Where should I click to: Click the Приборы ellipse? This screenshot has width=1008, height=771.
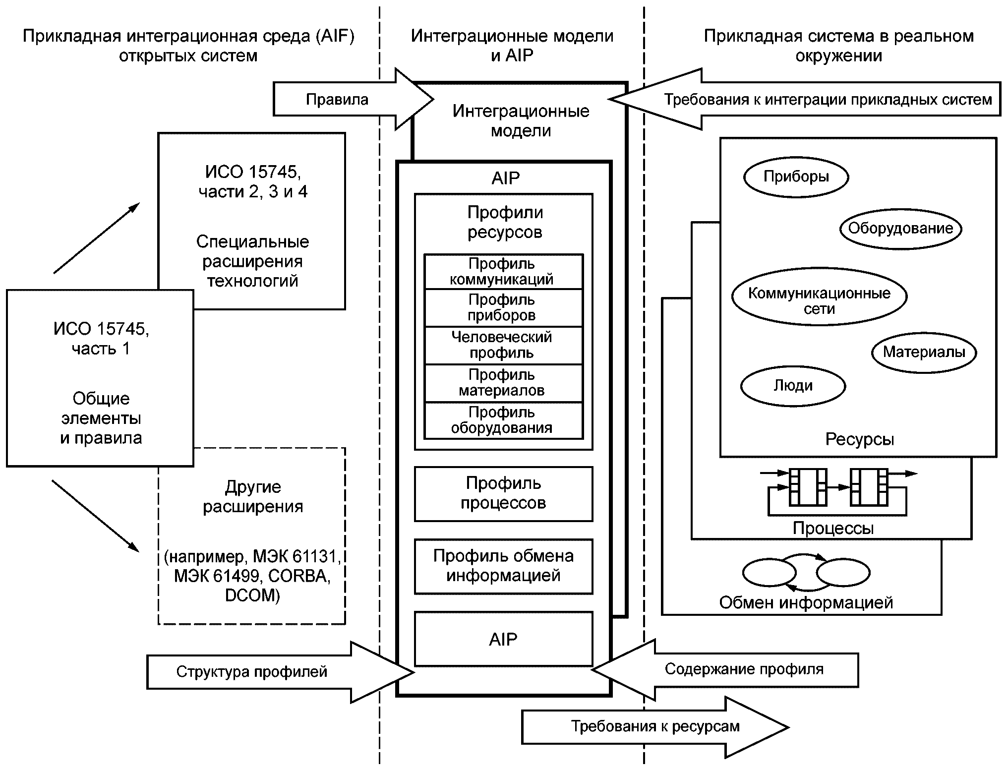pos(796,177)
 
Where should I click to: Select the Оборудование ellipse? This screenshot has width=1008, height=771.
pos(900,228)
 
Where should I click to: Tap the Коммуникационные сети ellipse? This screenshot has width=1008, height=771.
pos(819,296)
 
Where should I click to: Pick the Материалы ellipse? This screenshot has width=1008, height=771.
pos(924,352)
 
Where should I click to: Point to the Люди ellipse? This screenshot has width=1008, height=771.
pos(793,386)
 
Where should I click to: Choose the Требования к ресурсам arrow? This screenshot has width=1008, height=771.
pos(654,727)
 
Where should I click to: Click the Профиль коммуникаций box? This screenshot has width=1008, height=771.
pos(503,272)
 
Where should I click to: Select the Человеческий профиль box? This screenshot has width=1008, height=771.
pos(503,346)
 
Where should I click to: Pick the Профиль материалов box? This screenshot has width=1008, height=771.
pos(503,383)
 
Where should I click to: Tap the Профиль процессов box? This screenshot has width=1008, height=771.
pos(503,493)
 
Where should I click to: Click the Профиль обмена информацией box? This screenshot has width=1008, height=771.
pos(503,566)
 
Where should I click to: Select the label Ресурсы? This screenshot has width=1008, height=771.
pos(860,439)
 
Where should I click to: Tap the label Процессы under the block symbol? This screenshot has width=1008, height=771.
pos(833,529)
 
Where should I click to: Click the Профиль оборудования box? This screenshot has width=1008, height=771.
pos(503,420)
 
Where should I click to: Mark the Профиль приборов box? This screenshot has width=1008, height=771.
pos(503,308)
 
